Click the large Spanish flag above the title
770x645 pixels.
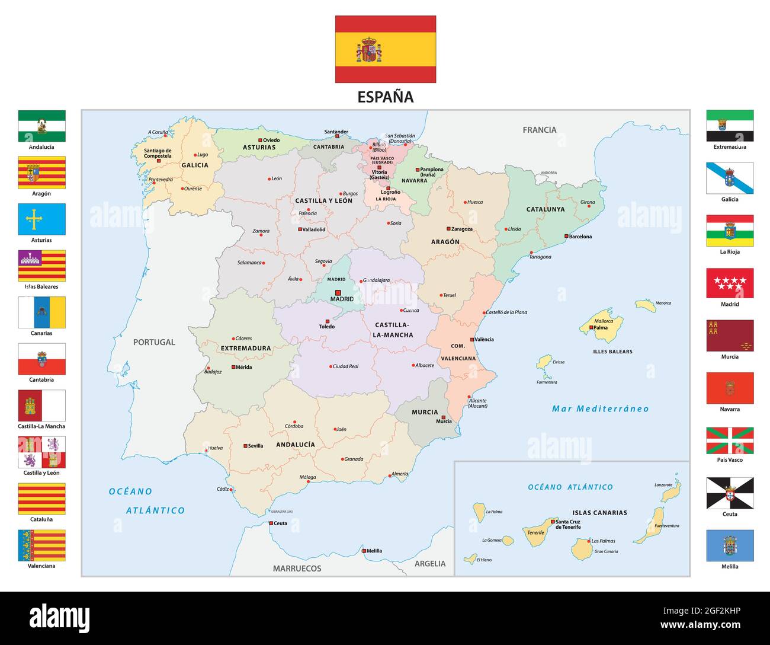click(385, 49)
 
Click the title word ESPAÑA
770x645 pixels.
click(385, 97)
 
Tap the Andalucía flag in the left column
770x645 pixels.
click(41, 126)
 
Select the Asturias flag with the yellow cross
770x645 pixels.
click(41, 219)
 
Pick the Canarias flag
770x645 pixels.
click(41, 312)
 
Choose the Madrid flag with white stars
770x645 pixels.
click(730, 283)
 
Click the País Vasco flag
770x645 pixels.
click(730, 440)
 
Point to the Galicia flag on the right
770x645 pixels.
click(730, 178)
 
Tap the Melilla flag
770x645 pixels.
click(730, 545)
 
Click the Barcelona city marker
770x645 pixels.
click(566, 237)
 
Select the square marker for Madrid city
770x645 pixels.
click(338, 292)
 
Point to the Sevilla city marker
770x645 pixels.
click(245, 446)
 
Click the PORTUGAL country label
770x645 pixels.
click(154, 342)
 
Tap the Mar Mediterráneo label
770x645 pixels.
click(600, 408)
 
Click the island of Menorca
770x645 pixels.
click(645, 306)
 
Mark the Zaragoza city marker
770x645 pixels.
click(448, 229)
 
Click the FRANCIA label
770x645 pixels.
click(539, 130)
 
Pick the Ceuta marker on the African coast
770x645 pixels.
click(271, 523)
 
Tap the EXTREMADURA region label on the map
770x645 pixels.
click(245, 349)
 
